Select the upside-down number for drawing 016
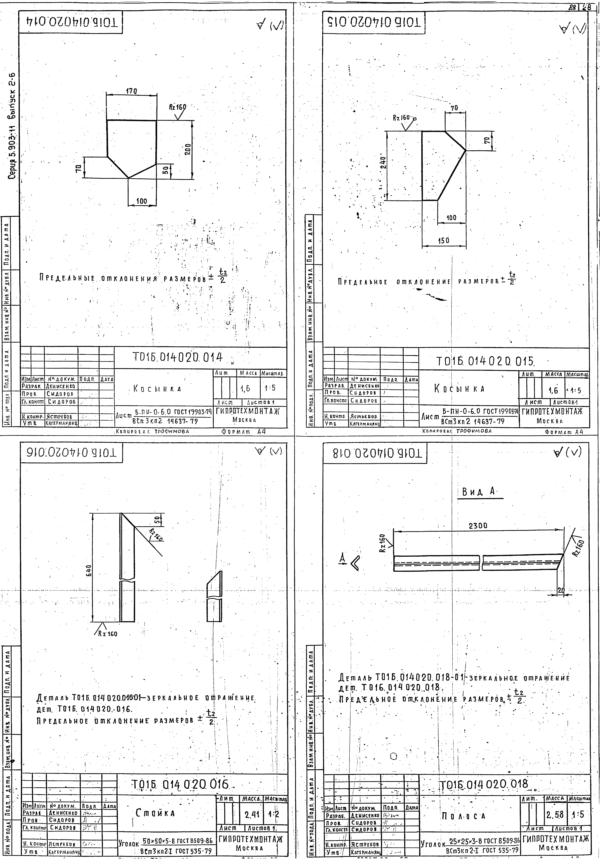pos(71,453)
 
